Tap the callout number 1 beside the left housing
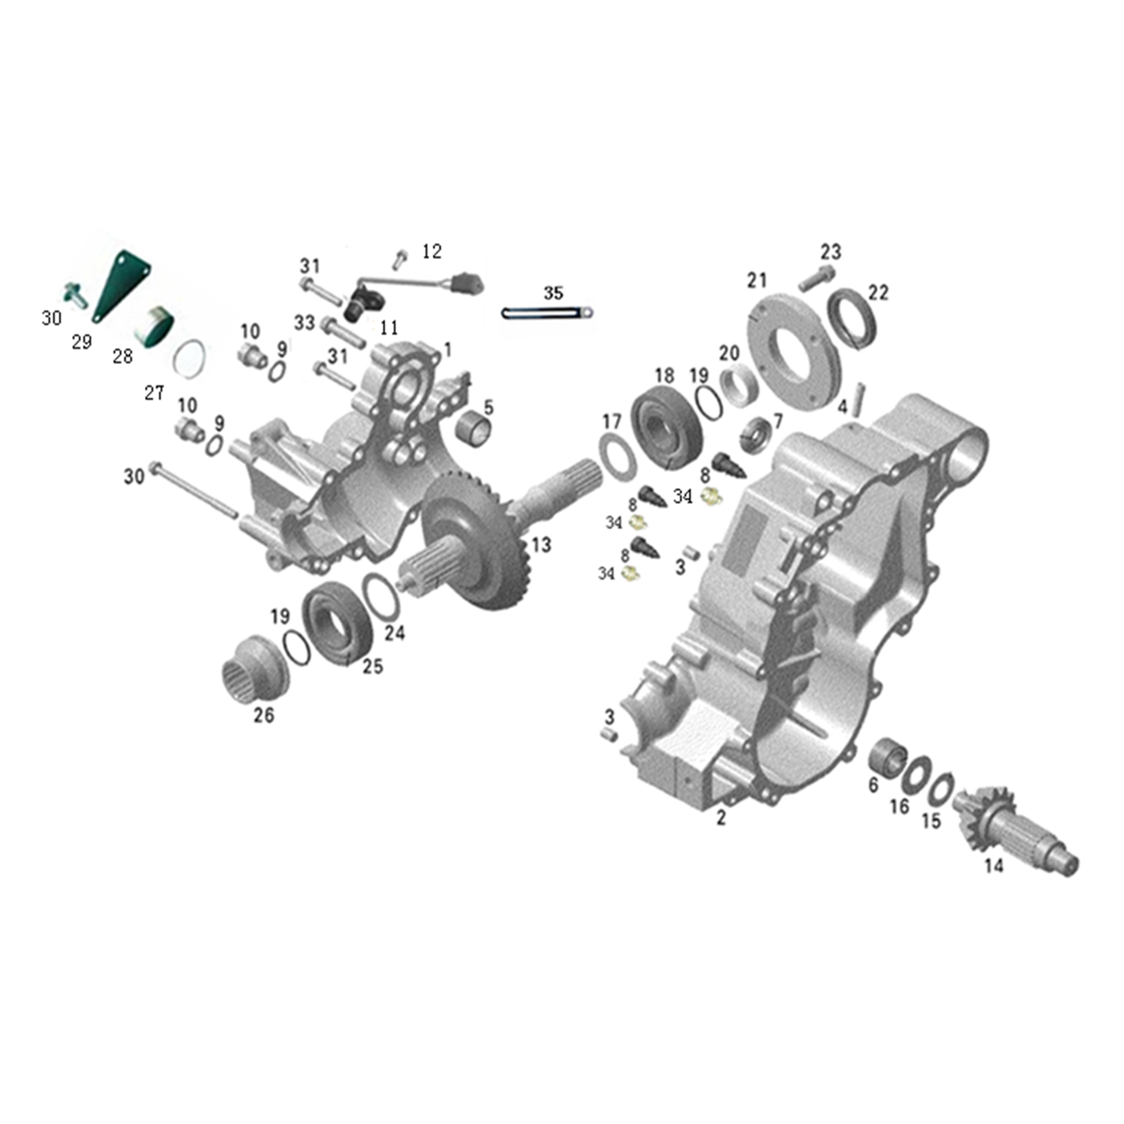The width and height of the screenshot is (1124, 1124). click(447, 350)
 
